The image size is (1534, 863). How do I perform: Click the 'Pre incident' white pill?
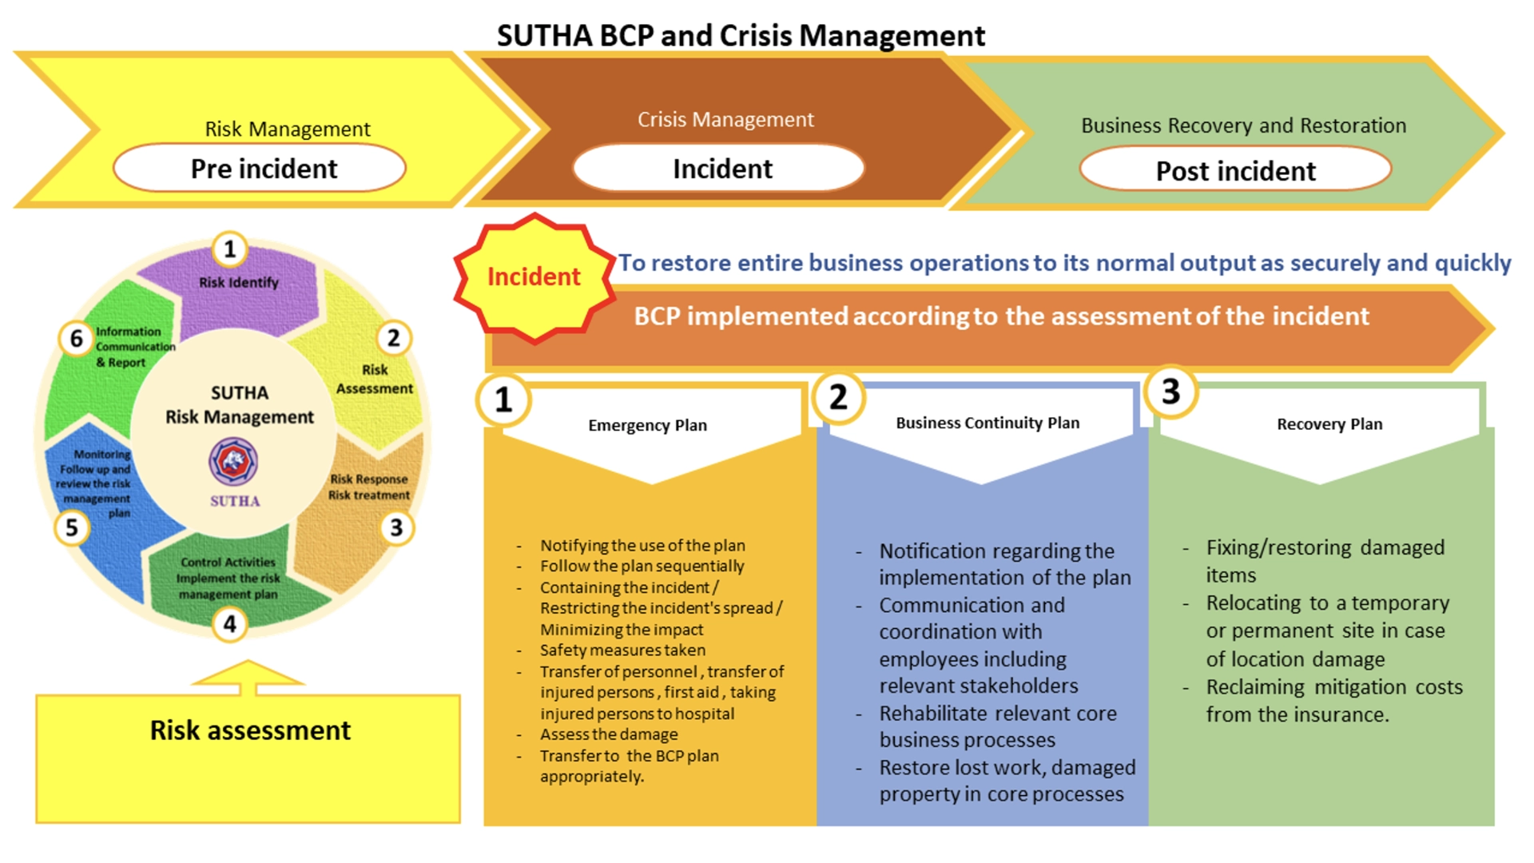(x=260, y=169)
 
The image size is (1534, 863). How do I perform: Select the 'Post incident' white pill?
(x=1235, y=170)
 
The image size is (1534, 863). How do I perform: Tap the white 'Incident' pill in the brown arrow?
(x=719, y=169)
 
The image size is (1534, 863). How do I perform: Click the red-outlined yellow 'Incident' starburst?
(x=534, y=277)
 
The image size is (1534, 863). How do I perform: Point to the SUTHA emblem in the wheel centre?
(x=233, y=461)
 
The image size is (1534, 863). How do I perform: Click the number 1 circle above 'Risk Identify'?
(x=230, y=249)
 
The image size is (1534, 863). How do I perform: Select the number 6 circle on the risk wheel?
(x=77, y=339)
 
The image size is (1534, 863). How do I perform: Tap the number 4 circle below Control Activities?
(x=230, y=623)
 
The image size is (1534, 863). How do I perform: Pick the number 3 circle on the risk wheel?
(x=396, y=527)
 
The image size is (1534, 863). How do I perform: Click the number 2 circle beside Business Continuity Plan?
(x=838, y=397)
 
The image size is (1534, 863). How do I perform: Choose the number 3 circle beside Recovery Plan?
(x=1171, y=392)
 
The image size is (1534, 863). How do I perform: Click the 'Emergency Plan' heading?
(x=647, y=425)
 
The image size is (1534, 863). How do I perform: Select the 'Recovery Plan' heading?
(x=1329, y=424)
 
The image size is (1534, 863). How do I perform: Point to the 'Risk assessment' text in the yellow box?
(x=250, y=730)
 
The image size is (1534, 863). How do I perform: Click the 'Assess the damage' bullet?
(x=609, y=734)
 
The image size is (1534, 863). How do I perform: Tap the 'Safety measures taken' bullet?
(x=622, y=650)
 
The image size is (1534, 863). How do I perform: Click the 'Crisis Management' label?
(x=725, y=120)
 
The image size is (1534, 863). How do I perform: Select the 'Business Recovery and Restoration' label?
(x=1243, y=125)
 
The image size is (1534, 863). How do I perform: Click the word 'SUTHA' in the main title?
(x=544, y=36)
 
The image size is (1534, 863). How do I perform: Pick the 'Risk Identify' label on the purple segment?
(x=239, y=282)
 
